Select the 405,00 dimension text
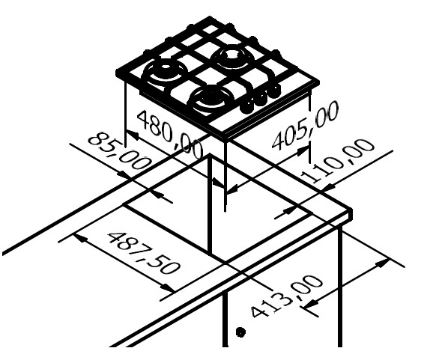pyautogui.click(x=305, y=126)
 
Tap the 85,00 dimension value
pyautogui.click(x=120, y=151)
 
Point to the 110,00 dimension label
pyautogui.click(x=338, y=161)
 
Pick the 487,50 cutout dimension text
pyautogui.click(x=145, y=253)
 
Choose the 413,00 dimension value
pyautogui.click(x=286, y=296)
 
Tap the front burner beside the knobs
pyautogui.click(x=211, y=98)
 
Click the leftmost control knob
pyautogui.click(x=246, y=106)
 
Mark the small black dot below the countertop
pyautogui.click(x=240, y=332)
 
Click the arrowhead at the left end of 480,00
pyautogui.click(x=132, y=135)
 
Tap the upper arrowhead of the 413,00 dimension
pyautogui.click(x=382, y=263)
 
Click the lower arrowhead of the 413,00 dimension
pyautogui.click(x=311, y=304)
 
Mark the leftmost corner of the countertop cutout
pyautogui.click(x=123, y=204)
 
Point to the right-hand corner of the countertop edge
pyautogui.click(x=351, y=210)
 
